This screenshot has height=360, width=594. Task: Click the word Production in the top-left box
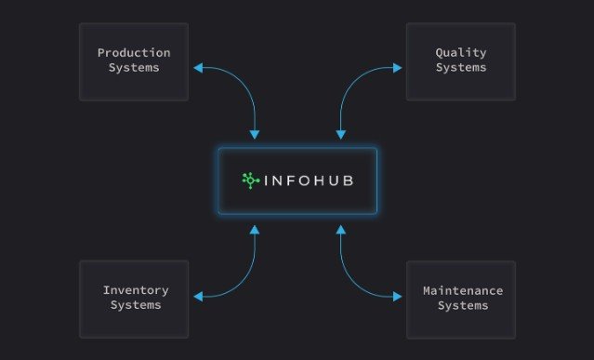tap(134, 53)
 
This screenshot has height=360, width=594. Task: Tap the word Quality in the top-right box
tap(461, 53)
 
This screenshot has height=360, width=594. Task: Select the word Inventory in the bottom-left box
tap(136, 290)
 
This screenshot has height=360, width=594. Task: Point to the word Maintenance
tap(463, 290)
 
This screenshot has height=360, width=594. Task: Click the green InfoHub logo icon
tap(250, 180)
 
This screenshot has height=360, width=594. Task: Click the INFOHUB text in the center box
tap(309, 180)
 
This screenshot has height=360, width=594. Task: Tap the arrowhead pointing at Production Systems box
tap(198, 68)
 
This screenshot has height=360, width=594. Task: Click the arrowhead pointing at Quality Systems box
tap(397, 68)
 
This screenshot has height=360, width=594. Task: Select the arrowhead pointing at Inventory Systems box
tap(198, 297)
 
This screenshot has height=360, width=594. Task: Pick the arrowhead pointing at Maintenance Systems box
tap(397, 297)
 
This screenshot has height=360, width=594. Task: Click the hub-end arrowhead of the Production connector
tap(255, 135)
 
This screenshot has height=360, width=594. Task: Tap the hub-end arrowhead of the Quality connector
tap(341, 135)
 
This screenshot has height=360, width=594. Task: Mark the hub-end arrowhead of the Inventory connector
tap(255, 230)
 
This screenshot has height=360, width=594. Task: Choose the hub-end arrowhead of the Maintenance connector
tap(341, 230)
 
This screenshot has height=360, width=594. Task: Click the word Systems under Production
tap(134, 68)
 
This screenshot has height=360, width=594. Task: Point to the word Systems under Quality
tap(461, 68)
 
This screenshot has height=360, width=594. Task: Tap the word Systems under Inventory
tap(136, 305)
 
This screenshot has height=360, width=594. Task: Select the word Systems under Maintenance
tap(463, 306)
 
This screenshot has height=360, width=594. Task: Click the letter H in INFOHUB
tap(319, 180)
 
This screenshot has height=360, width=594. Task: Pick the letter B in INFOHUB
tap(349, 180)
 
